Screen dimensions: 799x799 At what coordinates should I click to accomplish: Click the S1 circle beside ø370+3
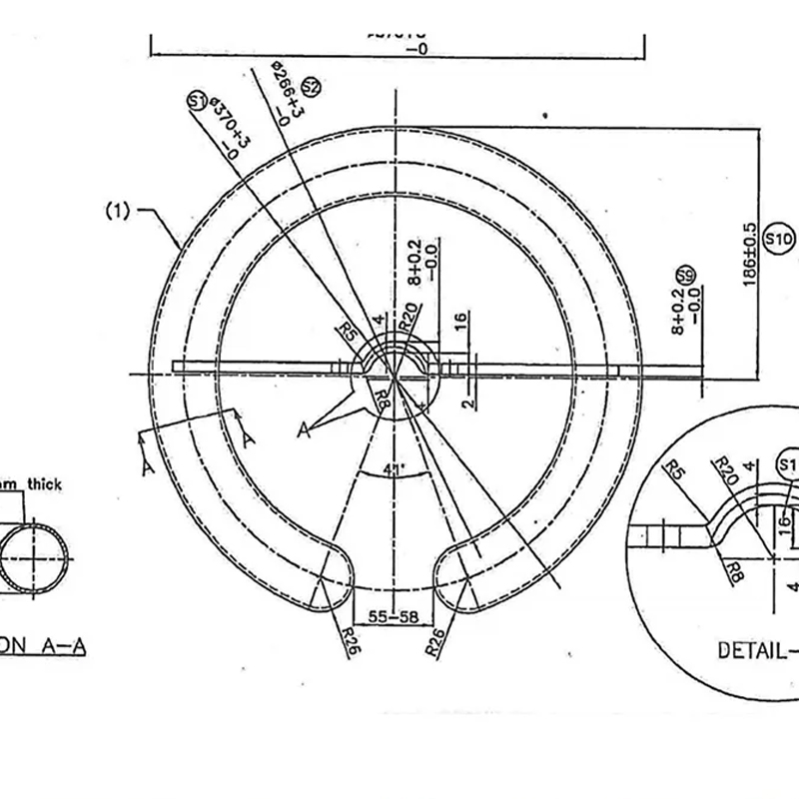(197, 100)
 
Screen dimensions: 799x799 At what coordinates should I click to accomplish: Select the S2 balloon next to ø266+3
(310, 86)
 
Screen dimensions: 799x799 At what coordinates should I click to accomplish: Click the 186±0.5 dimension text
(750, 256)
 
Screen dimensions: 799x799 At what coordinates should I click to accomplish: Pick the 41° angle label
(393, 469)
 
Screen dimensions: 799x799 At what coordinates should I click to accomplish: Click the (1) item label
(119, 212)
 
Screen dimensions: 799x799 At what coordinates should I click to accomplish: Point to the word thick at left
(43, 484)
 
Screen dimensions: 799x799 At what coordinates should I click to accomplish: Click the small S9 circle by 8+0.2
(686, 276)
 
